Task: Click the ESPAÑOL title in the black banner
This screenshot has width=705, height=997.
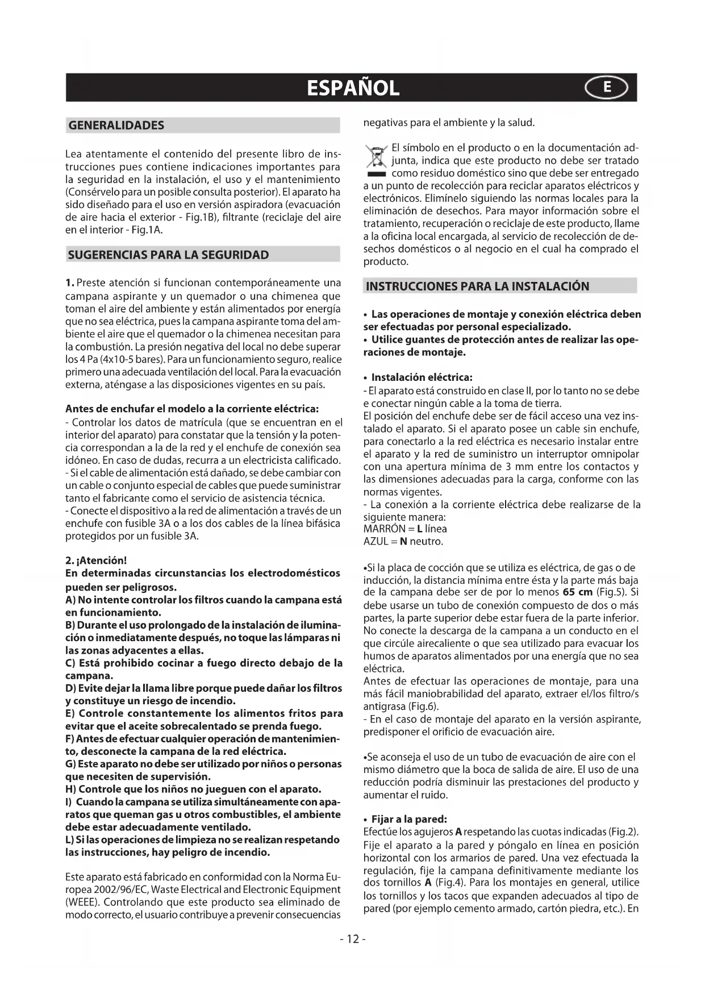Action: (x=353, y=88)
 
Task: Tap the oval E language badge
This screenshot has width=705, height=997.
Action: (x=607, y=88)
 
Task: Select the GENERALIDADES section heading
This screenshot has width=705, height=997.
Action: (x=116, y=126)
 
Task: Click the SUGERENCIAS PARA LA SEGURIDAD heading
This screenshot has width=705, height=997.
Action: (x=168, y=255)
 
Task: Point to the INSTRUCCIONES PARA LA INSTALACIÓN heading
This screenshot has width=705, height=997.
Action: (x=477, y=286)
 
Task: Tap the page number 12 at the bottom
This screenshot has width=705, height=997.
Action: (x=353, y=939)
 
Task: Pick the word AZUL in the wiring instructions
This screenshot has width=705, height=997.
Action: (x=376, y=541)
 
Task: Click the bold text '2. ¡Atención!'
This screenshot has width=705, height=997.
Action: (x=96, y=560)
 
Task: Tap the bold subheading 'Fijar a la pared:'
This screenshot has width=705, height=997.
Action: (x=409, y=819)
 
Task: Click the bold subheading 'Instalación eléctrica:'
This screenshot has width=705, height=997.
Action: (x=422, y=377)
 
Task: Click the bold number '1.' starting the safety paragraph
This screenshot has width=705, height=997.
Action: (x=70, y=283)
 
